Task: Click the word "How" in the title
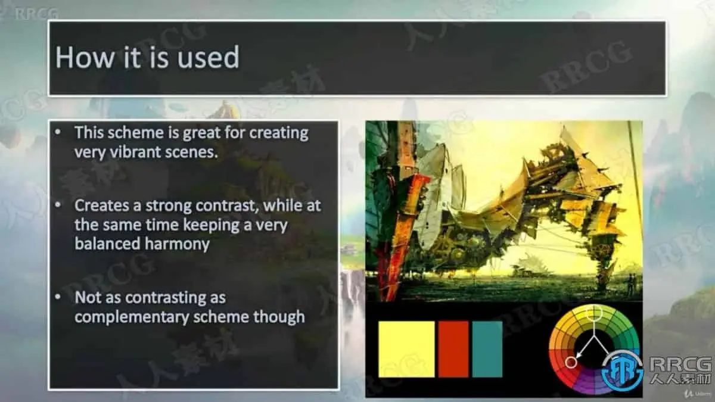coord(85,57)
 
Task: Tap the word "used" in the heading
coord(209,57)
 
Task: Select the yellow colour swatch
coord(406,349)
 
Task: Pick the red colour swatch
coord(453,349)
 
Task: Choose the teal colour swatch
coord(487,349)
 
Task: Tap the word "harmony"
coord(177,244)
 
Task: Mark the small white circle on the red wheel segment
coord(571,363)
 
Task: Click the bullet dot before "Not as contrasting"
coord(58,297)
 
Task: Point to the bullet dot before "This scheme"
coord(58,132)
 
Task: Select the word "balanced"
coord(108,244)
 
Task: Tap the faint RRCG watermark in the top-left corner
coord(37,14)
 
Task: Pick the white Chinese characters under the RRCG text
coord(680,378)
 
